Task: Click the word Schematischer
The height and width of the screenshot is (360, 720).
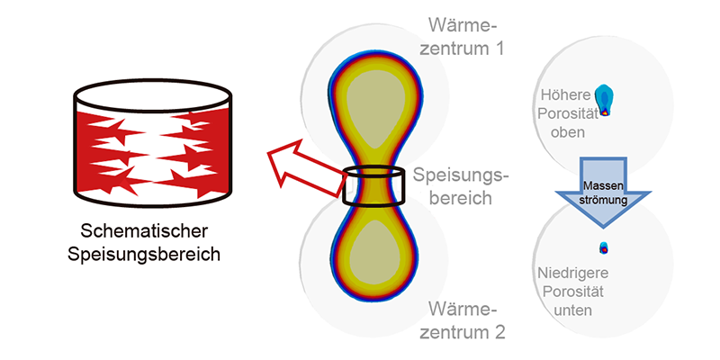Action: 144,232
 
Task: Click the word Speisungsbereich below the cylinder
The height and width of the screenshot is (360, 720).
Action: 144,255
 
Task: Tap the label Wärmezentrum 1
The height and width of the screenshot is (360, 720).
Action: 462,36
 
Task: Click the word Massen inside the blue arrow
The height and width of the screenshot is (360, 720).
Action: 603,187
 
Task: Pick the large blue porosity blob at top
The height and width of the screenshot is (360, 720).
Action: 605,100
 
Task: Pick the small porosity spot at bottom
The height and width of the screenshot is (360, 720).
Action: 604,248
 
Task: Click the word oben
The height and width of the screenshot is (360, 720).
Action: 568,133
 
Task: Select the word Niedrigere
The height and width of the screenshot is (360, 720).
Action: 573,274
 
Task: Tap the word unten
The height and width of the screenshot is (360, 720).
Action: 573,310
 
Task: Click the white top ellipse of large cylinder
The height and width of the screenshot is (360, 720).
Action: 153,97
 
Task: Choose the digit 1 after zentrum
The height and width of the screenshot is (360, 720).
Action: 499,48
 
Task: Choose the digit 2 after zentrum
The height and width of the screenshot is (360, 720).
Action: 499,331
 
